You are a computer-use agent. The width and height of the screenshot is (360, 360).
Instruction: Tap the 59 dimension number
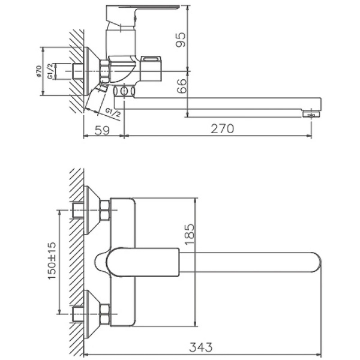tap(104, 129)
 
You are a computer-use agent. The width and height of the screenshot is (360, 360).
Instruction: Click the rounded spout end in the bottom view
tap(315, 262)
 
